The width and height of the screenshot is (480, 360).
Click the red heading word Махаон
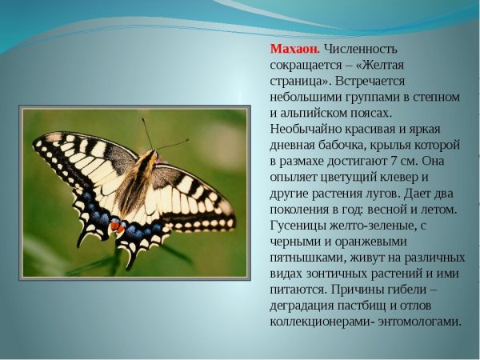pos(292,49)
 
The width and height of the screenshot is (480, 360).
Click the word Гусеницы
pos(300,226)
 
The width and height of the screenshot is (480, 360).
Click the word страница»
pos(298,82)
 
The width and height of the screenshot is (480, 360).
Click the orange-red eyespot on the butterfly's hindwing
pos(117,227)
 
